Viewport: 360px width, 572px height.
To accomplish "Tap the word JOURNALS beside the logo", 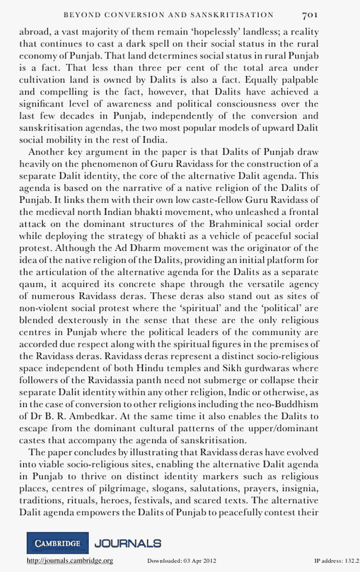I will click(x=128, y=543).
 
